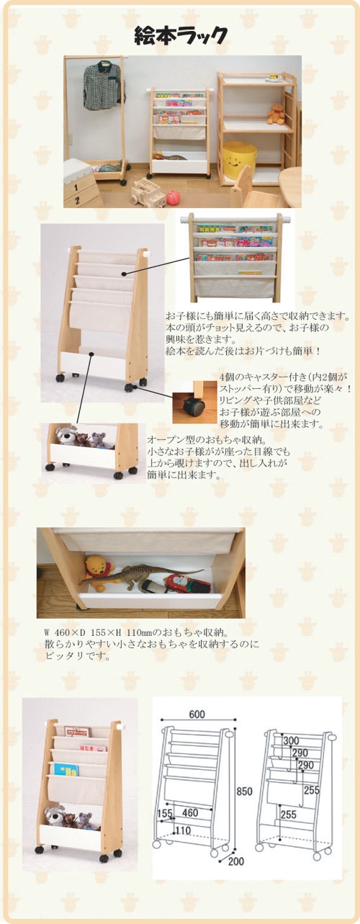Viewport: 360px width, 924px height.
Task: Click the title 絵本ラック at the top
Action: tap(181, 35)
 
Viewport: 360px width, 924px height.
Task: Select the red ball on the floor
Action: tap(173, 196)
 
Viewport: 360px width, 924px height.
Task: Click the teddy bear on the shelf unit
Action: tap(276, 114)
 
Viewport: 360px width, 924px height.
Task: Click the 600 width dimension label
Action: tap(197, 714)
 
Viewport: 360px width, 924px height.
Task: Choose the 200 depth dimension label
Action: tap(235, 861)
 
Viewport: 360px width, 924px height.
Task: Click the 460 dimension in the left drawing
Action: tap(190, 812)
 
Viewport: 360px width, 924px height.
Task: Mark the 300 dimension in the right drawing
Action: tap(291, 740)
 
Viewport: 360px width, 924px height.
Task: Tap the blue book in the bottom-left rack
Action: tap(66, 769)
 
